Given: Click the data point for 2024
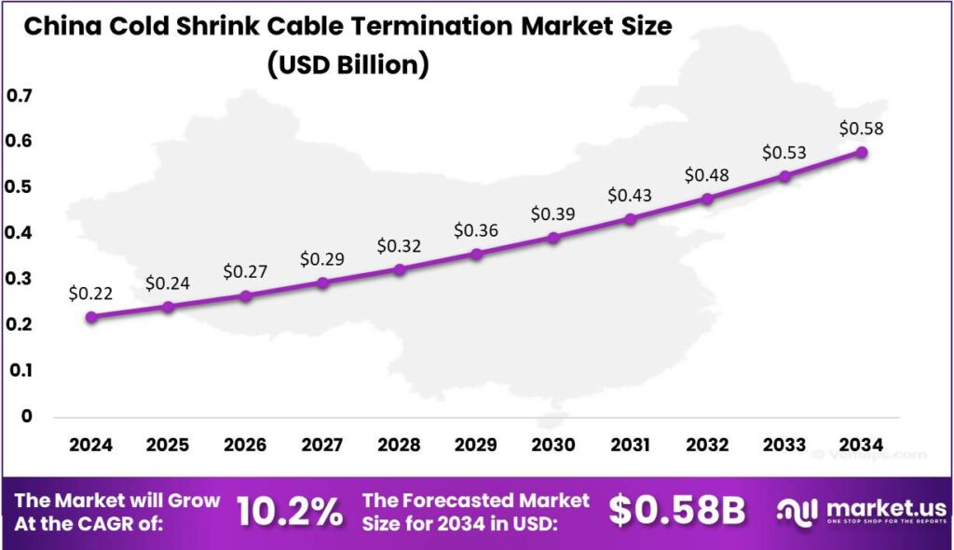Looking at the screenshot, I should pos(91,317).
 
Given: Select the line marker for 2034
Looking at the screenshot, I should pos(862,152).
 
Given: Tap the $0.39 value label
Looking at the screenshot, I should pos(552,214).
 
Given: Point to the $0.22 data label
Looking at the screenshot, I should pos(90,294).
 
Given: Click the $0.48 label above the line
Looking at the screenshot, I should pos(707,175).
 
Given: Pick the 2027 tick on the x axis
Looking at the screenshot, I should pos(322,446).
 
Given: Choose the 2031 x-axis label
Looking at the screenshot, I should pos(630,446).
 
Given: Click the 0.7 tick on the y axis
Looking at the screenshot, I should pos(20,96).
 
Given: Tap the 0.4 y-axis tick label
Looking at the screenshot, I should pos(20,233).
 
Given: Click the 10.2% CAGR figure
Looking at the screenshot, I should pos(290,512).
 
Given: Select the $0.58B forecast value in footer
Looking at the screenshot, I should pos(677,511).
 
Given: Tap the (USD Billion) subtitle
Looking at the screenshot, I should pos(348,64).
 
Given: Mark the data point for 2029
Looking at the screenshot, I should pos(476,254).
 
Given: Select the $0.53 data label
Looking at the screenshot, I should pos(784,152).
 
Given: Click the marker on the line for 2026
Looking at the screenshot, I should pos(245,296).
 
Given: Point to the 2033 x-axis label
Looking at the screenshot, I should pos(784,446).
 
